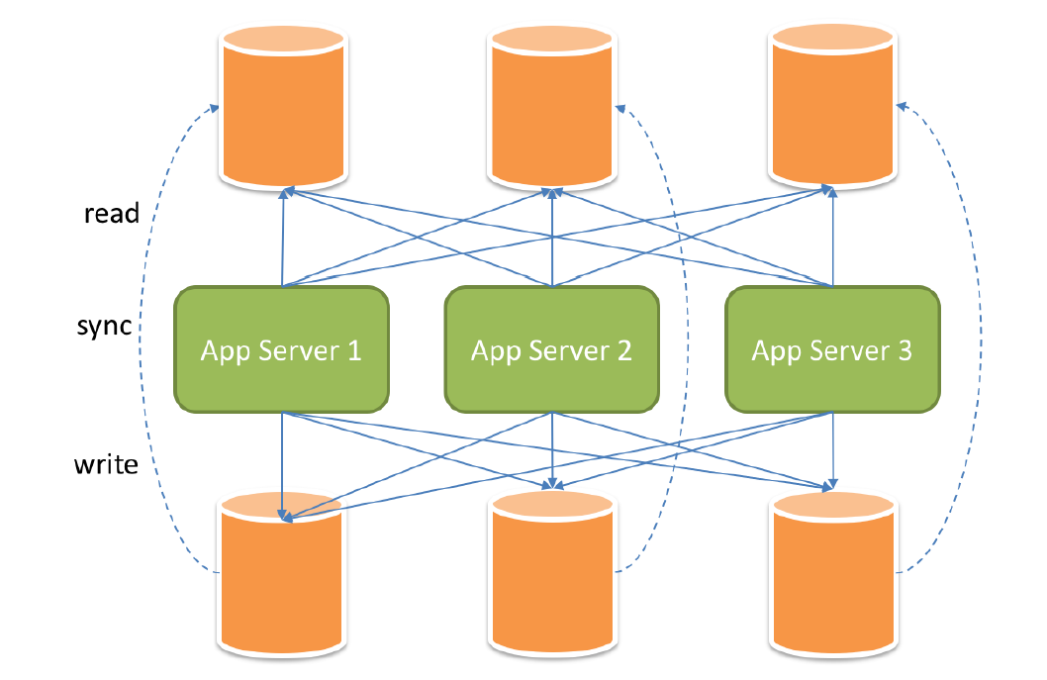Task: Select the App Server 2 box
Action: pyautogui.click(x=551, y=349)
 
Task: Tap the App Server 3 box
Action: pyautogui.click(x=832, y=349)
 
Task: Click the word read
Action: pyautogui.click(x=112, y=213)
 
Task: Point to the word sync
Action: pyautogui.click(x=104, y=326)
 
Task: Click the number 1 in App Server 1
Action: pyautogui.click(x=353, y=350)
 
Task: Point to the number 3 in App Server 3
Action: pyautogui.click(x=904, y=350)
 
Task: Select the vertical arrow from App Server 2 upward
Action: pyautogui.click(x=551, y=238)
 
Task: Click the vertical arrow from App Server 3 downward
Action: pyautogui.click(x=832, y=445)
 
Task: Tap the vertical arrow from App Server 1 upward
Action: pyautogui.click(x=283, y=238)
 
